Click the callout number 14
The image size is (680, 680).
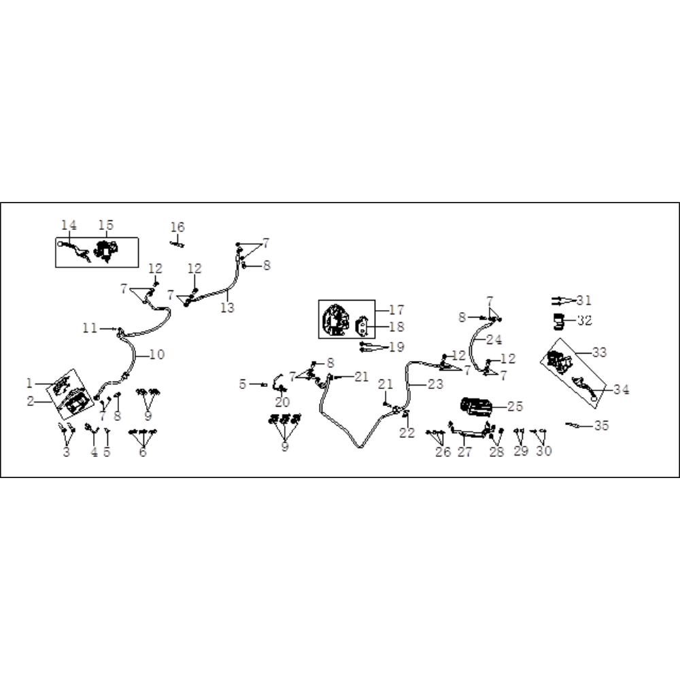69,225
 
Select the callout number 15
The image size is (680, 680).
106,225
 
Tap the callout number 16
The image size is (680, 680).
177,227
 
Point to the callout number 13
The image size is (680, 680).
227,307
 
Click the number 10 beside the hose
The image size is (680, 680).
157,354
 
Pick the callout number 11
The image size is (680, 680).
90,328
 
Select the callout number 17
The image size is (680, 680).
396,309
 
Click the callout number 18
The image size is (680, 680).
396,326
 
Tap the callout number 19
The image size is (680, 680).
396,347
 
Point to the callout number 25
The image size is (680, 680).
515,407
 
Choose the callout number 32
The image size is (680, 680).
585,320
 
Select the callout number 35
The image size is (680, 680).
601,426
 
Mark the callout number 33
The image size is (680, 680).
599,352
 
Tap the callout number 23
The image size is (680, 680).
435,384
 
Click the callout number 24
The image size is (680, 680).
494,339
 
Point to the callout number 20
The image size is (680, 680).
282,402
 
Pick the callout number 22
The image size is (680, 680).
407,432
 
